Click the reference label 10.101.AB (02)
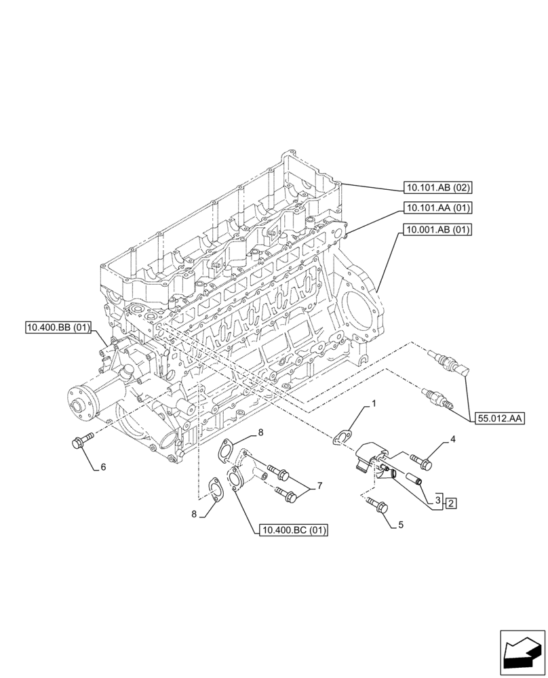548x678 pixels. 437,188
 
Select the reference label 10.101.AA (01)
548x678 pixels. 437,208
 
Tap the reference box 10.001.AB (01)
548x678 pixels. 437,230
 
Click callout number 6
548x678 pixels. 103,467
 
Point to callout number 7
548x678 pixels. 319,486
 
